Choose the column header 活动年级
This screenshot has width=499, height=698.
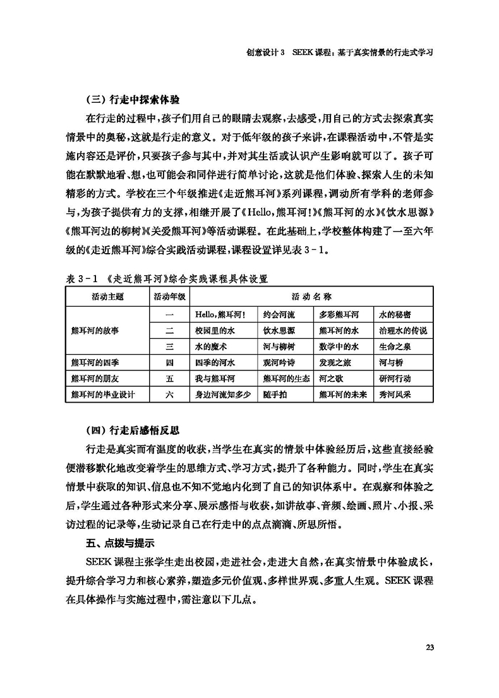169,295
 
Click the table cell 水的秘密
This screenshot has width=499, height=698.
396,314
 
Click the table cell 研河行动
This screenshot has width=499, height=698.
396,379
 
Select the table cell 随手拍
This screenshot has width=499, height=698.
274,394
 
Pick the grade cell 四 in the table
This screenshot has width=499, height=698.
169,362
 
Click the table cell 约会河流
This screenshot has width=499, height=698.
278,314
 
